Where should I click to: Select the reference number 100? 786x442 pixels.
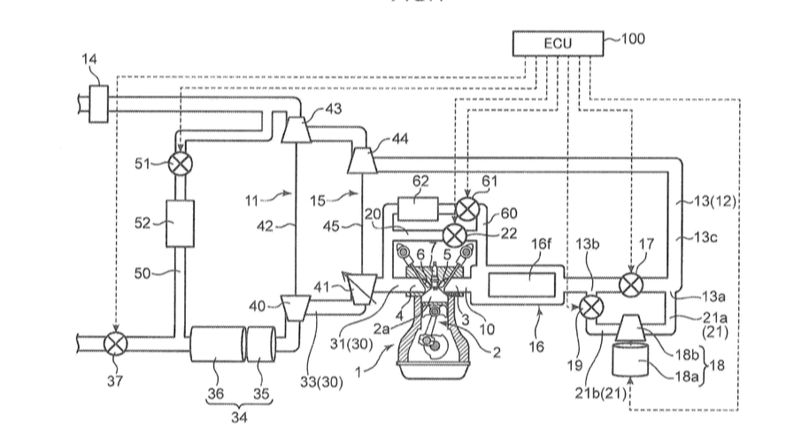[x=633, y=39]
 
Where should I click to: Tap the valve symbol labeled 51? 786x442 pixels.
[x=181, y=163]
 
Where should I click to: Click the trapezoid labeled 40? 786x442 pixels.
[x=292, y=306]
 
